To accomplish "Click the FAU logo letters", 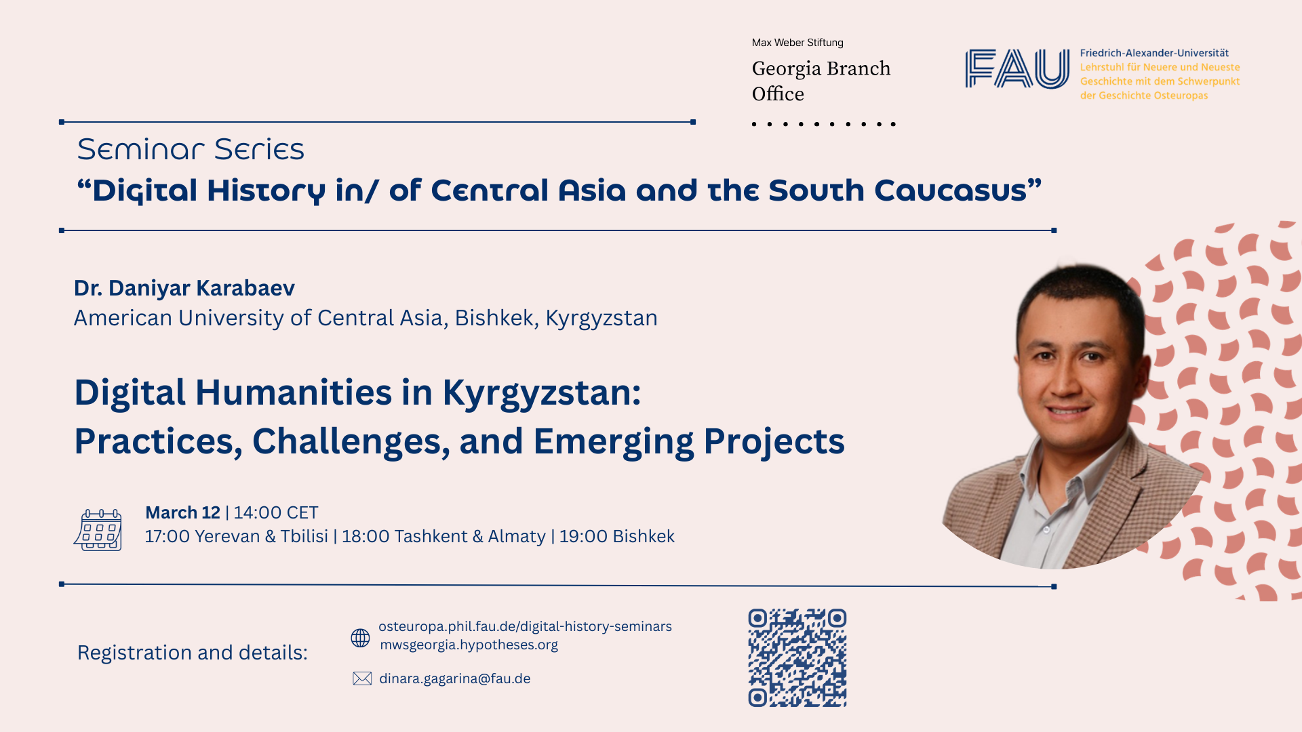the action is pyautogui.click(x=1017, y=68).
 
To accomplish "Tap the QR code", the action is pyautogui.click(x=797, y=657).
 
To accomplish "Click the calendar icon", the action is pyautogui.click(x=98, y=529).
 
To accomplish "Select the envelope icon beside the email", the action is pyautogui.click(x=362, y=678).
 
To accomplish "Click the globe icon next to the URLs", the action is pyautogui.click(x=360, y=638).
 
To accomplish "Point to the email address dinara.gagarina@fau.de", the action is pyautogui.click(x=455, y=678).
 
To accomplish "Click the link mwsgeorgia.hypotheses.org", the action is pyautogui.click(x=469, y=645).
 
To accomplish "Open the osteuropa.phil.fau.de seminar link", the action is pyautogui.click(x=525, y=626).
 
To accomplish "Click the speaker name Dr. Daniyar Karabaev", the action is pyautogui.click(x=184, y=288).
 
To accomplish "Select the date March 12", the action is pyautogui.click(x=182, y=512).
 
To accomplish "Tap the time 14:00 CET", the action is pyautogui.click(x=276, y=512).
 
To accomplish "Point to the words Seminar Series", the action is pyautogui.click(x=191, y=149).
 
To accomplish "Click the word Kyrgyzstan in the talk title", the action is pyautogui.click(x=542, y=394).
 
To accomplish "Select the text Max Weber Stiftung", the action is pyautogui.click(x=797, y=43).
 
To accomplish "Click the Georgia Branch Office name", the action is pyautogui.click(x=821, y=81).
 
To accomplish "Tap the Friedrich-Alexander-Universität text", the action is pyautogui.click(x=1154, y=53).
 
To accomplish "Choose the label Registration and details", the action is pyautogui.click(x=193, y=653).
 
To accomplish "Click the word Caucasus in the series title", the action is pyautogui.click(x=958, y=190).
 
